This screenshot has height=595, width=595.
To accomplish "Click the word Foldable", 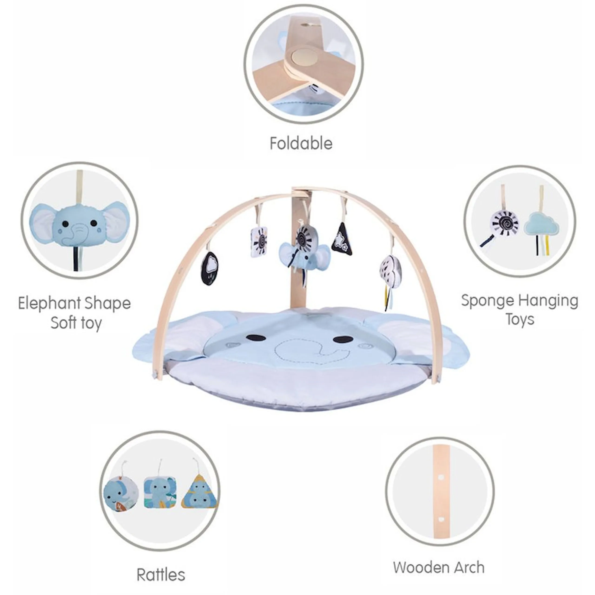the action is coord(301,143).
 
